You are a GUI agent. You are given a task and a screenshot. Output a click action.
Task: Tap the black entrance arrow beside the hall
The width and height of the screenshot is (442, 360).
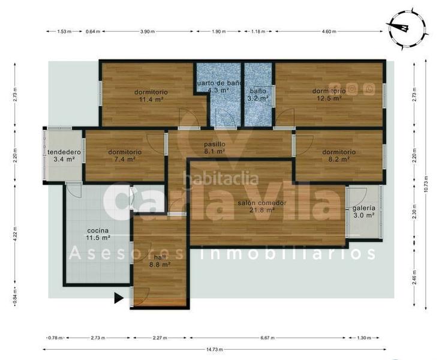(119, 297)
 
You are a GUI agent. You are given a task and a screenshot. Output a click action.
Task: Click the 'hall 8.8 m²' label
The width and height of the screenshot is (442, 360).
(159, 260)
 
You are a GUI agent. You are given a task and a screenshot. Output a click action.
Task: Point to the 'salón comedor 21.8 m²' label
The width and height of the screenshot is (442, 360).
(261, 206)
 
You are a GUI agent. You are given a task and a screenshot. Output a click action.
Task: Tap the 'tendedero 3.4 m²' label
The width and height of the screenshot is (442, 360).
(62, 155)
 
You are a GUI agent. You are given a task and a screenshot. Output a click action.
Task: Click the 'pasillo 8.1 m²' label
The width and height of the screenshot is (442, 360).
(214, 148)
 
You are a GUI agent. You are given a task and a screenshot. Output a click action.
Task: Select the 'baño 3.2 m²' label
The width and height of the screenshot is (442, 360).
(258, 94)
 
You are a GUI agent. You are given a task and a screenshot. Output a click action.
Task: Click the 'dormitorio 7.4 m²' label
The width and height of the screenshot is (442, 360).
(125, 155)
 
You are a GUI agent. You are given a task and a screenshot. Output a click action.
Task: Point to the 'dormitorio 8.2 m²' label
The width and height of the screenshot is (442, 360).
(339, 155)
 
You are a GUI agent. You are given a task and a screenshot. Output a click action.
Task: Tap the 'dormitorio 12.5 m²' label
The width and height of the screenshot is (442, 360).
(329, 94)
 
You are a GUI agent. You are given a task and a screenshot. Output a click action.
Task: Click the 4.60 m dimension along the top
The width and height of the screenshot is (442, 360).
(329, 31)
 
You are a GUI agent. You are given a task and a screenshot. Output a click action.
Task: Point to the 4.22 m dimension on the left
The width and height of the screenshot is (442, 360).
(14, 232)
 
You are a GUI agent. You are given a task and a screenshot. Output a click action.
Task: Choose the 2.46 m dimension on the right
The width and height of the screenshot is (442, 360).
(413, 278)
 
